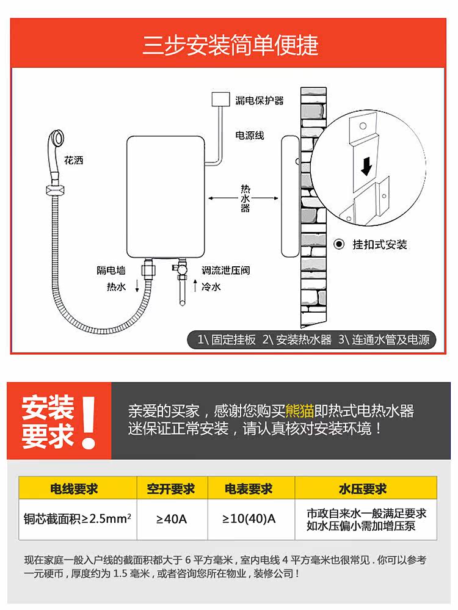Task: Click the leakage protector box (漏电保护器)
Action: (220, 99)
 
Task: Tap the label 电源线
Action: (249, 136)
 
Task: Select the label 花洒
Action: (73, 160)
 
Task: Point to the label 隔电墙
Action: (111, 270)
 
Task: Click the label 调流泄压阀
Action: (226, 270)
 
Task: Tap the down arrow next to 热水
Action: (137, 286)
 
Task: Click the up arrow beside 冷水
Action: (195, 285)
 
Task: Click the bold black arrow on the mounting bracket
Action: (366, 165)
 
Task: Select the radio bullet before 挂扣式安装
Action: (339, 244)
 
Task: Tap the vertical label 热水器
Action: (245, 198)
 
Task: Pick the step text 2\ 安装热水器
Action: (297, 339)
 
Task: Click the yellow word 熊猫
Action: (300, 411)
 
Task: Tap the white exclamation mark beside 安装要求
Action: (89, 423)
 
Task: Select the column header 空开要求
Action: (171, 488)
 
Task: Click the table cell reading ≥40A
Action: (172, 519)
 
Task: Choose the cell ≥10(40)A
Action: (249, 518)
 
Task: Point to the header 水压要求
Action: (363, 488)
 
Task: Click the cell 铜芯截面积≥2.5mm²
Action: (77, 518)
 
